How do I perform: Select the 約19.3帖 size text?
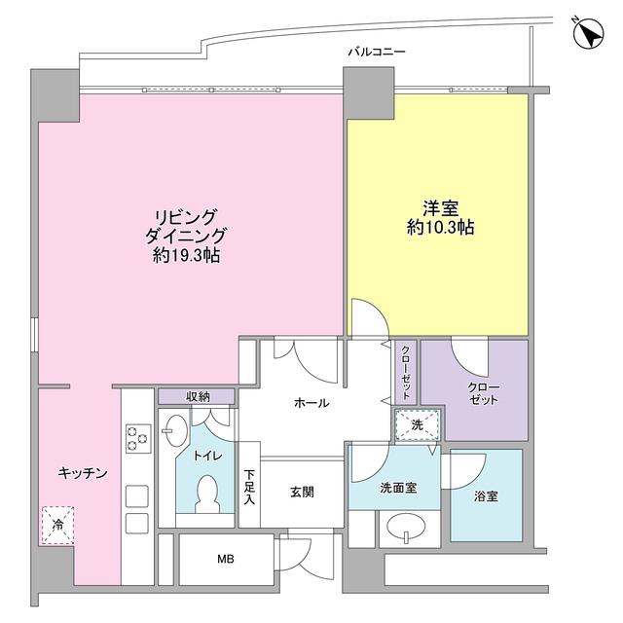coord(185,256)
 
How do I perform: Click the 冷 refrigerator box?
coord(57,527)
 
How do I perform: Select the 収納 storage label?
coord(198,397)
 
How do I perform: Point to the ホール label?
coord(310,403)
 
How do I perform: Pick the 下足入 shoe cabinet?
coord(249,486)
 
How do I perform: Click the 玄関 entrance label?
coord(302,493)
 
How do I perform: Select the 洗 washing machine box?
coord(416,424)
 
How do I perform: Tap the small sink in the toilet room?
coord(176,430)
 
